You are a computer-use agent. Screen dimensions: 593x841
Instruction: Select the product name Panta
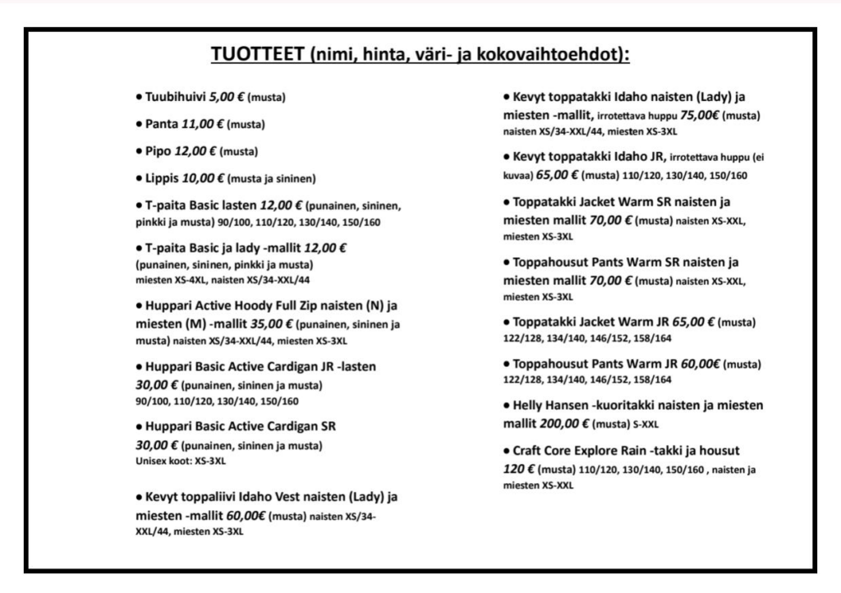tap(161, 125)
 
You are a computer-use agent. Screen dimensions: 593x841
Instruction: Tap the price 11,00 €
tap(203, 125)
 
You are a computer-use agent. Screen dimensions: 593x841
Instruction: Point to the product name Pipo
tap(159, 151)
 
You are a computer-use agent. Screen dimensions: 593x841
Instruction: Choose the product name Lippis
tap(163, 177)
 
